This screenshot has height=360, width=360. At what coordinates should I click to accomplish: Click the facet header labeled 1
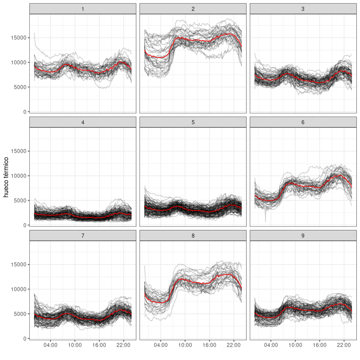[83, 9]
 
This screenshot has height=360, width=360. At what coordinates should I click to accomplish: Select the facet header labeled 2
[193, 9]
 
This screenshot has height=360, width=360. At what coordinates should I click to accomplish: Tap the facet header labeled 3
[303, 9]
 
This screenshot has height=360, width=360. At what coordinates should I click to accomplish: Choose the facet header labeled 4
[83, 122]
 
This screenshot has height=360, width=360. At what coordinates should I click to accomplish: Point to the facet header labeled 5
[193, 122]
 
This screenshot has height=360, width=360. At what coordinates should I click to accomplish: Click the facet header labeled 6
[303, 122]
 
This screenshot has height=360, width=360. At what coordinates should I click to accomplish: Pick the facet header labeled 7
[83, 235]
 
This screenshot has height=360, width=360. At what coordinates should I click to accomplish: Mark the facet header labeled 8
[193, 235]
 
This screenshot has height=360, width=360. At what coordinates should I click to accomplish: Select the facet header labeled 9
[303, 235]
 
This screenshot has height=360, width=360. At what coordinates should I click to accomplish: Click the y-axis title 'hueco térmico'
[6, 177]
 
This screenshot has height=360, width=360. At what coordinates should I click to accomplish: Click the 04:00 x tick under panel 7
[50, 345]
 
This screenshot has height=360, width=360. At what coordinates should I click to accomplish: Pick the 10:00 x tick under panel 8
[185, 345]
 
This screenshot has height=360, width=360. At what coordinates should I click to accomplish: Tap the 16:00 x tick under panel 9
[319, 345]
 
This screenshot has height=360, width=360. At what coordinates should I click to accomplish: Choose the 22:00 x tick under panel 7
[123, 345]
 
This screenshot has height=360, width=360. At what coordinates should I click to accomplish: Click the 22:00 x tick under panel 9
[344, 345]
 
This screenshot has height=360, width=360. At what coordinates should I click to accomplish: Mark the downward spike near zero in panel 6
[265, 221]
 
